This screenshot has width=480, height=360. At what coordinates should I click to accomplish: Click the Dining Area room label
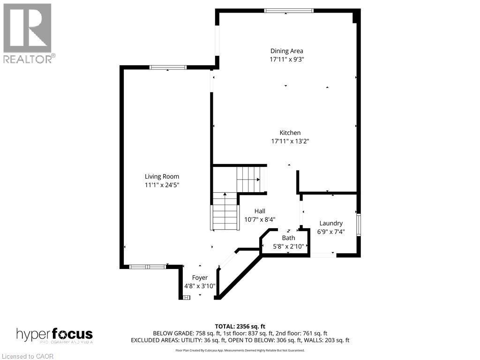(286, 51)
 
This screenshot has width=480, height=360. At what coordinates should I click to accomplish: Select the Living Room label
(162, 177)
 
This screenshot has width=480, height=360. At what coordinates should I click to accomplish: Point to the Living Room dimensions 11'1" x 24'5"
(162, 185)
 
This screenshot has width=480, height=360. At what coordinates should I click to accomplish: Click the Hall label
(260, 211)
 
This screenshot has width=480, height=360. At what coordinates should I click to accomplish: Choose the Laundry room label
(331, 224)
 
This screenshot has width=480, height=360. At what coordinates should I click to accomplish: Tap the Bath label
(288, 238)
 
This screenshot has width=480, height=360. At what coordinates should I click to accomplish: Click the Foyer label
(200, 278)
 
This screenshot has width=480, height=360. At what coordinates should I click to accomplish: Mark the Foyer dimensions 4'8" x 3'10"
(200, 286)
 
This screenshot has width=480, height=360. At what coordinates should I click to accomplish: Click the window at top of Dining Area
(288, 10)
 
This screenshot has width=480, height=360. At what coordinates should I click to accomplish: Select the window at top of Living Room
(168, 67)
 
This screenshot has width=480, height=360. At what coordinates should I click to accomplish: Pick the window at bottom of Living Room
(147, 267)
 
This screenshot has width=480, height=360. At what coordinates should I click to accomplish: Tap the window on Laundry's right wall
(359, 225)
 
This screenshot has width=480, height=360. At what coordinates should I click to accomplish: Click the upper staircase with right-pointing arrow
(250, 179)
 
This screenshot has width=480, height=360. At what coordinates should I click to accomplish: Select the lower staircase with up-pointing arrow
(225, 211)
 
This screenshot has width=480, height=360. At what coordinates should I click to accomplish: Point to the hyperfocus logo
(54, 335)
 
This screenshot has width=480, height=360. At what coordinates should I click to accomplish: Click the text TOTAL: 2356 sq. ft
(240, 326)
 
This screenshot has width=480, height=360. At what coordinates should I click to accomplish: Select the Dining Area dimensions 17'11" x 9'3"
(286, 60)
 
